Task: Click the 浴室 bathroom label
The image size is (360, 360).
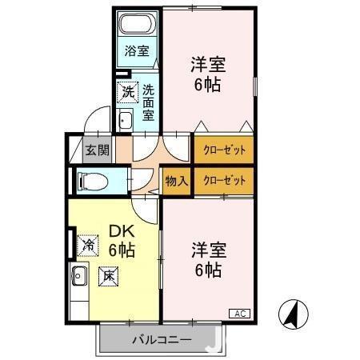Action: pos(136,51)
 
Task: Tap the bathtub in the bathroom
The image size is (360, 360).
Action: pos(138,24)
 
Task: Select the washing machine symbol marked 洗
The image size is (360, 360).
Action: pos(128,92)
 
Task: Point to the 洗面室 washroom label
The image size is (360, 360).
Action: pos(149,102)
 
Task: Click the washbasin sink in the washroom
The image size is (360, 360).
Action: pos(126,121)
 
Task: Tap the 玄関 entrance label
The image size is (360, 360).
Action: pos(97,150)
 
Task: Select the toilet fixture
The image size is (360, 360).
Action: pos(90,180)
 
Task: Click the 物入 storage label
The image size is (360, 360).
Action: pos(176,181)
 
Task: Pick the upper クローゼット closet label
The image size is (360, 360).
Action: pos(223,150)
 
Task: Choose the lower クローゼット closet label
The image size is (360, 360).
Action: pos(223,181)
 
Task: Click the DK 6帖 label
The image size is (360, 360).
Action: pos(120,240)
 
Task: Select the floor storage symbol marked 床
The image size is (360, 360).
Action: pos(107,276)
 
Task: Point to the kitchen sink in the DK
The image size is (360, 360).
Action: pos(78,278)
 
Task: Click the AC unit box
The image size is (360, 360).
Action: pos(240,312)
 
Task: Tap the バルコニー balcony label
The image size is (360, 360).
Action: pos(161,340)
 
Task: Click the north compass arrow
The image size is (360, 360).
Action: pos(294,314)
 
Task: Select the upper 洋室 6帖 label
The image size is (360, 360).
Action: pos(206,74)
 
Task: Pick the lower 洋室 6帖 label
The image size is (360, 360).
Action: pos(206,259)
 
